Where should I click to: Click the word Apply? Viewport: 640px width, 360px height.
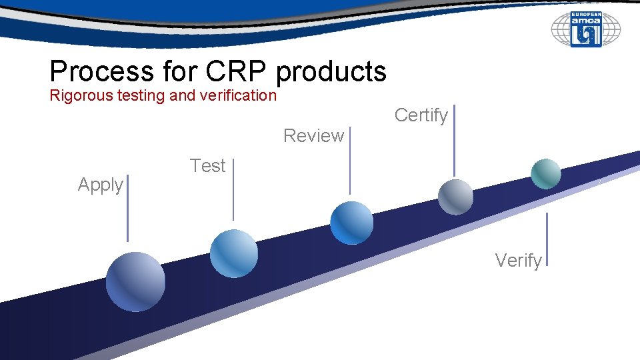coord(100,185)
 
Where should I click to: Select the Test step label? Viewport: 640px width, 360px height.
coord(207,166)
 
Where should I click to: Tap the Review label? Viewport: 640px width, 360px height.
coord(313,136)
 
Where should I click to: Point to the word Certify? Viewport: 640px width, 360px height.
coord(421,115)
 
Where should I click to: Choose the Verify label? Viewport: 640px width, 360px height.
coord(518,261)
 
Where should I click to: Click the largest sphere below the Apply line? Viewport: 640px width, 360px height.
coord(135,281)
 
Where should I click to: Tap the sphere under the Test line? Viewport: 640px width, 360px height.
coord(233,253)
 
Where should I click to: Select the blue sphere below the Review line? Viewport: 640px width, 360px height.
coord(351,222)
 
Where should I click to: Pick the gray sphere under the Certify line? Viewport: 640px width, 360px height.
coord(455,197)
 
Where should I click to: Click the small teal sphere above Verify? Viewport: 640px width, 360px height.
coord(545,174)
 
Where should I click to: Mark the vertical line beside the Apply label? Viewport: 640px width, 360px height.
coord(127,207)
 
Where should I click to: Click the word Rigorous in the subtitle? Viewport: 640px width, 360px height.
coord(73,95)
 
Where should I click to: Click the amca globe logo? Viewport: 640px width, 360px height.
coord(585,30)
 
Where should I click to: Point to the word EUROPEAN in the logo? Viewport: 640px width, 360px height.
coord(586,13)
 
